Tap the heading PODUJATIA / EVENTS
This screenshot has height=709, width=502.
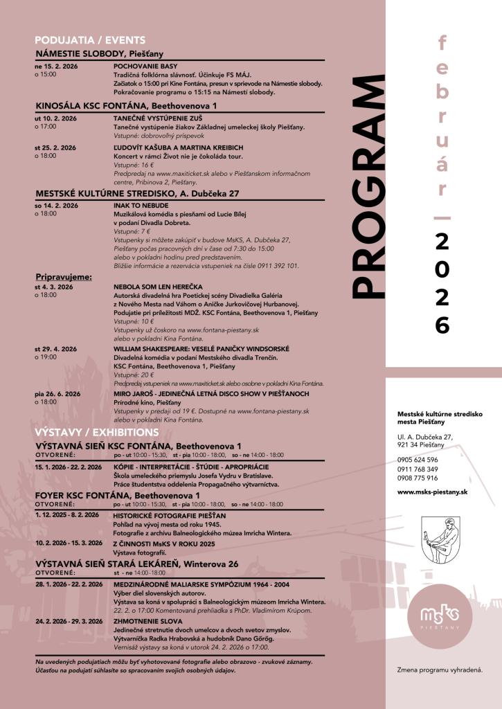pyautogui.click(x=90, y=40)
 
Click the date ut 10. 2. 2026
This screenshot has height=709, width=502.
pyautogui.click(x=55, y=118)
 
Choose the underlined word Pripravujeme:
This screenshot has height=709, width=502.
pyautogui.click(x=63, y=277)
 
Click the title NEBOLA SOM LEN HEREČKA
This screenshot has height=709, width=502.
pyautogui.click(x=158, y=287)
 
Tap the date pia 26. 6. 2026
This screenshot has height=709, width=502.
pyautogui.click(x=57, y=394)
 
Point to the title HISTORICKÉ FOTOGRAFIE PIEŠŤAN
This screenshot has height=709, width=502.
pyautogui.click(x=170, y=516)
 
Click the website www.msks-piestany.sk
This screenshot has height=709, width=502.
pyautogui.click(x=433, y=492)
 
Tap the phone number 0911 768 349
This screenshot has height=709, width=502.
pyautogui.click(x=418, y=469)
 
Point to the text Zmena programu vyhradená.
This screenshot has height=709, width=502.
pyautogui.click(x=440, y=670)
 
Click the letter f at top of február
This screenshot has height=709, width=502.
pyautogui.click(x=442, y=44)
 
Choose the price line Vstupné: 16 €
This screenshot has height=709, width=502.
pyautogui.click(x=134, y=166)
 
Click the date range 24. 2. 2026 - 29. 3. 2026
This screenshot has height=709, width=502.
pyautogui.click(x=69, y=622)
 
